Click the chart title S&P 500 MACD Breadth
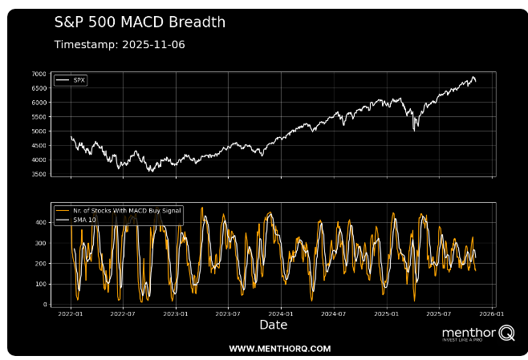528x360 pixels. point(140,22)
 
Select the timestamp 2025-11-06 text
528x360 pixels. point(120,44)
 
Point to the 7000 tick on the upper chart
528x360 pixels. point(39,74)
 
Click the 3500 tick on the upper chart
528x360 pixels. point(39,174)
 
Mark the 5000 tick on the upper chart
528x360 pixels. point(39,131)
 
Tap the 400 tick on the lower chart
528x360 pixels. point(42,222)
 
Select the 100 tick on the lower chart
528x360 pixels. point(42,284)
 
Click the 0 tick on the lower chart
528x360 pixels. point(45,305)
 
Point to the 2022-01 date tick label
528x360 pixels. point(71,314)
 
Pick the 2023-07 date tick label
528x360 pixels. point(229,314)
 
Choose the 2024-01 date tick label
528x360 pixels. point(281,314)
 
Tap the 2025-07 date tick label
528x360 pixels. point(439,314)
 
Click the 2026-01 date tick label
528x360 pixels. point(492,314)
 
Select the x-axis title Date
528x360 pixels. point(273,326)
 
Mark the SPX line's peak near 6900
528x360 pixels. point(473,77)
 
